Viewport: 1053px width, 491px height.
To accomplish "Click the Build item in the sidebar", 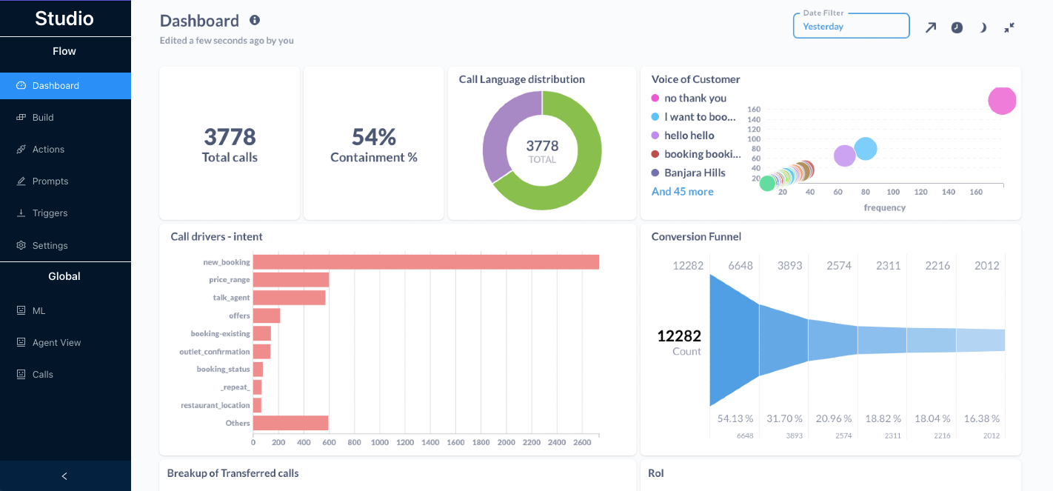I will click(x=43, y=117).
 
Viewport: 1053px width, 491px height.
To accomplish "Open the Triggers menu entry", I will click(x=50, y=213).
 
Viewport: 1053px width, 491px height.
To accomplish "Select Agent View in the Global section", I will click(x=56, y=342).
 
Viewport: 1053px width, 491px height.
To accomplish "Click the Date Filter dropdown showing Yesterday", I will click(x=851, y=26).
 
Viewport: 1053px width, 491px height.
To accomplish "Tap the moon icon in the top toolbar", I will click(x=983, y=27).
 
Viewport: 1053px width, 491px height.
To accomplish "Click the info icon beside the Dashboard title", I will click(x=255, y=20).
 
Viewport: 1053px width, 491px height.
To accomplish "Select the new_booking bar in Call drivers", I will click(x=426, y=262).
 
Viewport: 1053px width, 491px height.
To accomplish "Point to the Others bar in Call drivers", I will click(x=290, y=423).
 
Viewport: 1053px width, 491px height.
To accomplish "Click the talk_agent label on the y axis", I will click(x=231, y=298).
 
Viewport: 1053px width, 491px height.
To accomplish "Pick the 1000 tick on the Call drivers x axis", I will click(x=379, y=442).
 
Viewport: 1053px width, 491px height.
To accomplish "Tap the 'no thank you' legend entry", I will click(x=695, y=98).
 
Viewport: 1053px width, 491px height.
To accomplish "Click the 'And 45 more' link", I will click(x=682, y=191).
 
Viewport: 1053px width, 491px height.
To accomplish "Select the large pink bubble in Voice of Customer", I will click(x=1002, y=100).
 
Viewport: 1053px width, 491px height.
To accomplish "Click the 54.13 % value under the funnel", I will click(x=735, y=418).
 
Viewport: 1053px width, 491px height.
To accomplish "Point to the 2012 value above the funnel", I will click(x=986, y=265).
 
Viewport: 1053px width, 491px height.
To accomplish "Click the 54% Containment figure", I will click(x=373, y=137).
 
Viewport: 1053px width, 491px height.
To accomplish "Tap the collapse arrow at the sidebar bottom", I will click(x=64, y=476).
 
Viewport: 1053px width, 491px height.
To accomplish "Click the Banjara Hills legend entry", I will click(x=694, y=173).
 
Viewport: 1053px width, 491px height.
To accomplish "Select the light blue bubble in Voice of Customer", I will click(x=865, y=149).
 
